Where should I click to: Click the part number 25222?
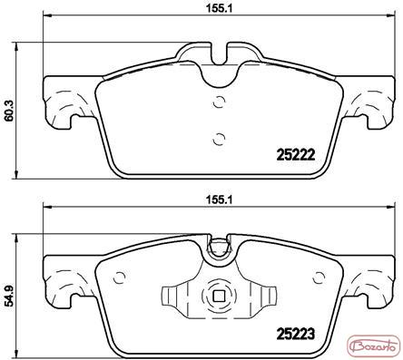296,155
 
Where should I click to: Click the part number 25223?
296,334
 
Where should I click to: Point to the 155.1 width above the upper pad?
219,8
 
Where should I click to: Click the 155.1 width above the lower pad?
219,199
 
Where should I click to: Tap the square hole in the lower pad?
219,297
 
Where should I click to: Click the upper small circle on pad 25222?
219,102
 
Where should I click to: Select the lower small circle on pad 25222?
219,139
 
